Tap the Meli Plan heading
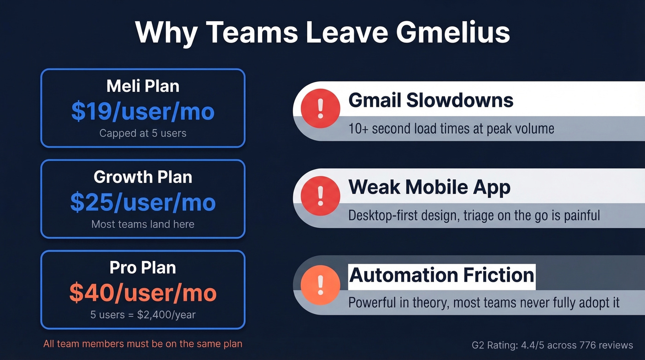pyautogui.click(x=143, y=86)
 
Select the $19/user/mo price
pyautogui.click(x=143, y=112)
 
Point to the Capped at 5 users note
pyautogui.click(x=143, y=134)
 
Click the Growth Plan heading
pyautogui.click(x=143, y=177)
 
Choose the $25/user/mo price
pyautogui.click(x=143, y=202)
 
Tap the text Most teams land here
pyautogui.click(x=143, y=224)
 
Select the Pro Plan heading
pyautogui.click(x=143, y=267)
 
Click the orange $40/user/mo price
pyautogui.click(x=143, y=293)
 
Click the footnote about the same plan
pyautogui.click(x=143, y=344)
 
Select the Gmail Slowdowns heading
pyautogui.click(x=431, y=100)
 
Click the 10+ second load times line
pyautogui.click(x=451, y=128)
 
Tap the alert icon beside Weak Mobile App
pyautogui.click(x=320, y=196)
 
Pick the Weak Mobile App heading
pyautogui.click(x=429, y=187)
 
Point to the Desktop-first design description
pyautogui.click(x=474, y=215)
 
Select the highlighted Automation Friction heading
pyautogui.click(x=442, y=275)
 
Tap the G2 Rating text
pyautogui.click(x=552, y=345)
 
